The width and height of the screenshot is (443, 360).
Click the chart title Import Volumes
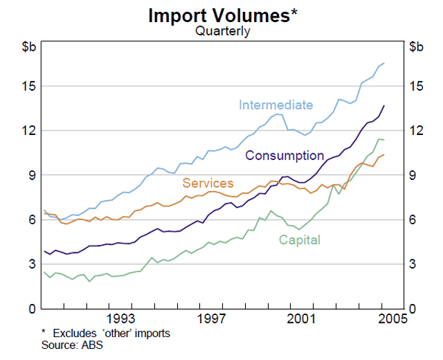pyautogui.click(x=219, y=14)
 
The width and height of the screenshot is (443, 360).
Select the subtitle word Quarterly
pyautogui.click(x=222, y=31)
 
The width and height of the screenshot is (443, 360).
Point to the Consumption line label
pyautogui.click(x=284, y=156)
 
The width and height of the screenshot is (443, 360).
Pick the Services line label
pyautogui.click(x=208, y=183)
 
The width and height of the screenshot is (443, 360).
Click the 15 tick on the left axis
pyautogui.click(x=28, y=86)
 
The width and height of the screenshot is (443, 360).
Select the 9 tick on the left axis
pyautogui.click(x=30, y=175)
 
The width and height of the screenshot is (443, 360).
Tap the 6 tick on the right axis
pyautogui.click(x=413, y=220)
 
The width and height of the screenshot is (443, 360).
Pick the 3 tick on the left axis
pyautogui.click(x=30, y=264)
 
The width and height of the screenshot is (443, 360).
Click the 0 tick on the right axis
pyautogui.click(x=413, y=308)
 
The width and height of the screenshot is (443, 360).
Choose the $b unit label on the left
pyautogui.click(x=27, y=48)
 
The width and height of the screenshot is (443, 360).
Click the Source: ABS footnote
pyautogui.click(x=72, y=345)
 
